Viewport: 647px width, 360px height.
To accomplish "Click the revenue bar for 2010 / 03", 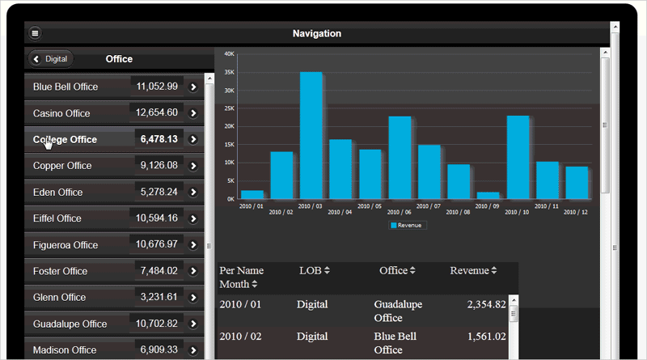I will [x=311, y=135].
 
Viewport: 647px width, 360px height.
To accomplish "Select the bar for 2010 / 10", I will [x=518, y=157].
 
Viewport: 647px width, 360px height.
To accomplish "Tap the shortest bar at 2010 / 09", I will [x=488, y=195].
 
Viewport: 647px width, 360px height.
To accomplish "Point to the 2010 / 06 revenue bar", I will [x=400, y=158].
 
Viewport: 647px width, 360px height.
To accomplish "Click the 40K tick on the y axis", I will [x=229, y=54].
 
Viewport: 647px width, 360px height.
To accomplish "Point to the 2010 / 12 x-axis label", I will [x=576, y=212].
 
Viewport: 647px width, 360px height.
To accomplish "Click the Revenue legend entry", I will [x=408, y=225].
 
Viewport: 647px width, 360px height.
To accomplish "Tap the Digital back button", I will [x=51, y=59].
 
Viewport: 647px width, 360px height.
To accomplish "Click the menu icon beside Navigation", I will [x=35, y=34].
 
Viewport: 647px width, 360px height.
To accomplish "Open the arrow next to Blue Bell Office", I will [x=193, y=87].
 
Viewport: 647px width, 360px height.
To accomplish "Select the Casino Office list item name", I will [x=61, y=113].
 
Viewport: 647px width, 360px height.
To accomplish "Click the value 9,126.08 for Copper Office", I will [x=159, y=166].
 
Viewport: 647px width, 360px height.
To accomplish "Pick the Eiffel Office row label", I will [x=57, y=218].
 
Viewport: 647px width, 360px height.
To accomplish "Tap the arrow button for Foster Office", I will [x=193, y=271].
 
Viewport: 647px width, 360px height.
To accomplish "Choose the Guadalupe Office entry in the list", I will [x=70, y=324].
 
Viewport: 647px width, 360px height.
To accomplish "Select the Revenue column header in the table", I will [x=473, y=270].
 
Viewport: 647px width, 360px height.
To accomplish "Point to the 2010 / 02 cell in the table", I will [x=240, y=336].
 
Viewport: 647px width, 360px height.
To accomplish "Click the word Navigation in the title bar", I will [x=317, y=34].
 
